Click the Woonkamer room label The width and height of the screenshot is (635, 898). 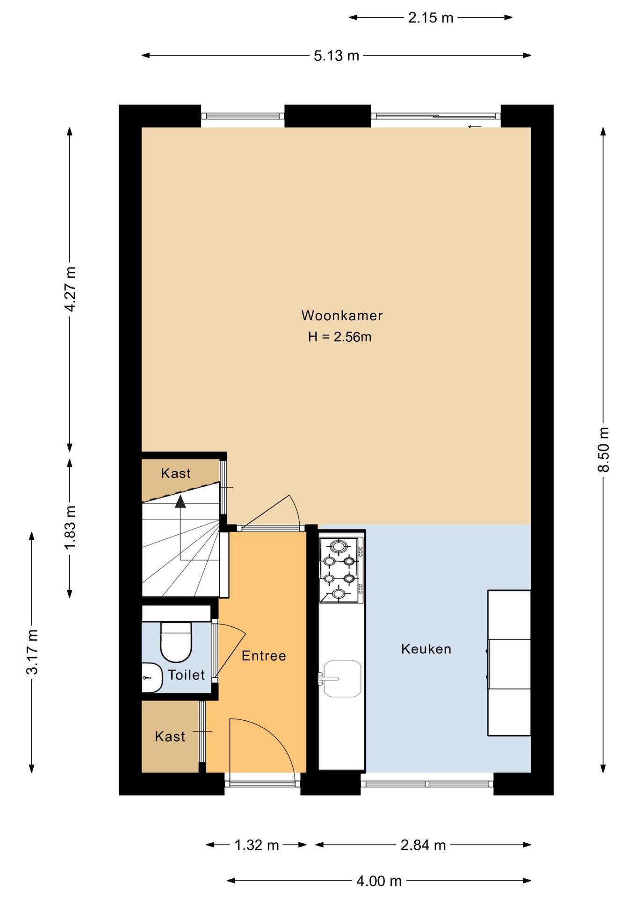342,316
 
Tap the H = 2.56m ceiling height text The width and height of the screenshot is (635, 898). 339,337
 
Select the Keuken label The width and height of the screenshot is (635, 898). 426,649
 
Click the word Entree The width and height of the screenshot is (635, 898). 264,656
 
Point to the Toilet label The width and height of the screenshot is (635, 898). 186,675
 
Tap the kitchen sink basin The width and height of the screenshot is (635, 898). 342,678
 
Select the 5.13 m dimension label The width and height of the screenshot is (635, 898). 336,56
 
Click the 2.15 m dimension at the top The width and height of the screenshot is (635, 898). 431,18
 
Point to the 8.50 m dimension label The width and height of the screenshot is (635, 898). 603,449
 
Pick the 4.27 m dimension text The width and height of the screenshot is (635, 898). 70,289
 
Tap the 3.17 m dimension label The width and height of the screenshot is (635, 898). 32,652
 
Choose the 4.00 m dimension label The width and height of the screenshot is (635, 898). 379,881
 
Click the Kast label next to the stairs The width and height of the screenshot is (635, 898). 176,473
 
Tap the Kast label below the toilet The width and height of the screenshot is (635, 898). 170,737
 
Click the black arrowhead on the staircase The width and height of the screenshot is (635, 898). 180,501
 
